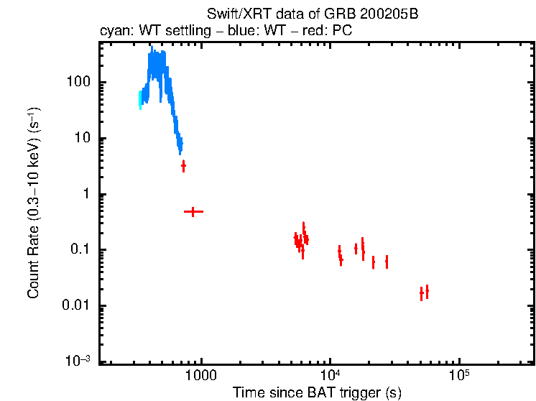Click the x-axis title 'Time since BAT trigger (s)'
(317, 392)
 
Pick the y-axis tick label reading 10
(82, 138)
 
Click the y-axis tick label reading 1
(86, 194)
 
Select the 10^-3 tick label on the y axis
(78, 361)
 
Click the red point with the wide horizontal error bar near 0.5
(193, 212)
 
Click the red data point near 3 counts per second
(183, 166)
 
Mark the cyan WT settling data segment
(141, 99)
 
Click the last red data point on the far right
(427, 291)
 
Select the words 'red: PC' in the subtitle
(331, 32)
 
